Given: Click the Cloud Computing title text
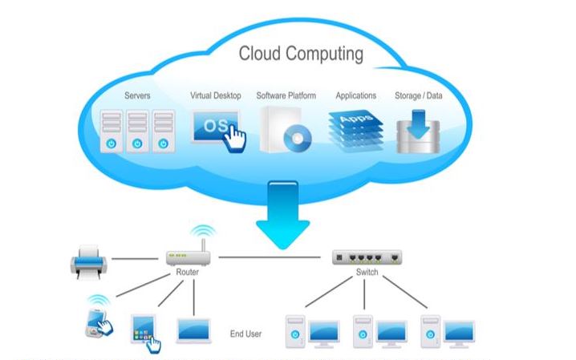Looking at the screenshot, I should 301,55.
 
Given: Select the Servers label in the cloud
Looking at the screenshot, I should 137,96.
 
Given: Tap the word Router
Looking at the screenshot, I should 187,273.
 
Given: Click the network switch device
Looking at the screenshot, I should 367,257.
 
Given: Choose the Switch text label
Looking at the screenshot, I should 367,273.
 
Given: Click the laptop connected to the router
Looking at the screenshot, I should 193,329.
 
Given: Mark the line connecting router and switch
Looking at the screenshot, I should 273,258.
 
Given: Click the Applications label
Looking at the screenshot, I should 356,96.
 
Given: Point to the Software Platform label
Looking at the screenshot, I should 286,96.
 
